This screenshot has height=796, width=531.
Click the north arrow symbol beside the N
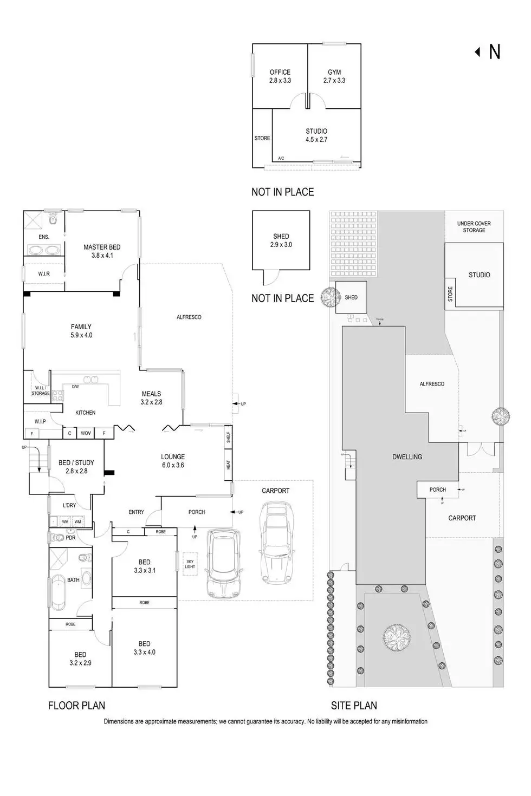477,52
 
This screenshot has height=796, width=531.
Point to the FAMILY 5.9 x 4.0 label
81,331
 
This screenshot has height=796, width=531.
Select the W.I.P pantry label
40,421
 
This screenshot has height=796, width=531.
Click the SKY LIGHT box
190,564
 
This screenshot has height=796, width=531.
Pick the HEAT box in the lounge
228,465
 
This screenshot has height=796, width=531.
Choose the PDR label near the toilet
70,538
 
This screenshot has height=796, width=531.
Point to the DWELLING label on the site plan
407,457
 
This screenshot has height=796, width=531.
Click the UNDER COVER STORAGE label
474,227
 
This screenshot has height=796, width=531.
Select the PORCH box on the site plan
437,490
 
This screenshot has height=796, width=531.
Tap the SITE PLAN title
354,706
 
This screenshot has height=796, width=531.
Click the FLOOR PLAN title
76,706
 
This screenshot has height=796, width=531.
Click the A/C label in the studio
281,159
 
